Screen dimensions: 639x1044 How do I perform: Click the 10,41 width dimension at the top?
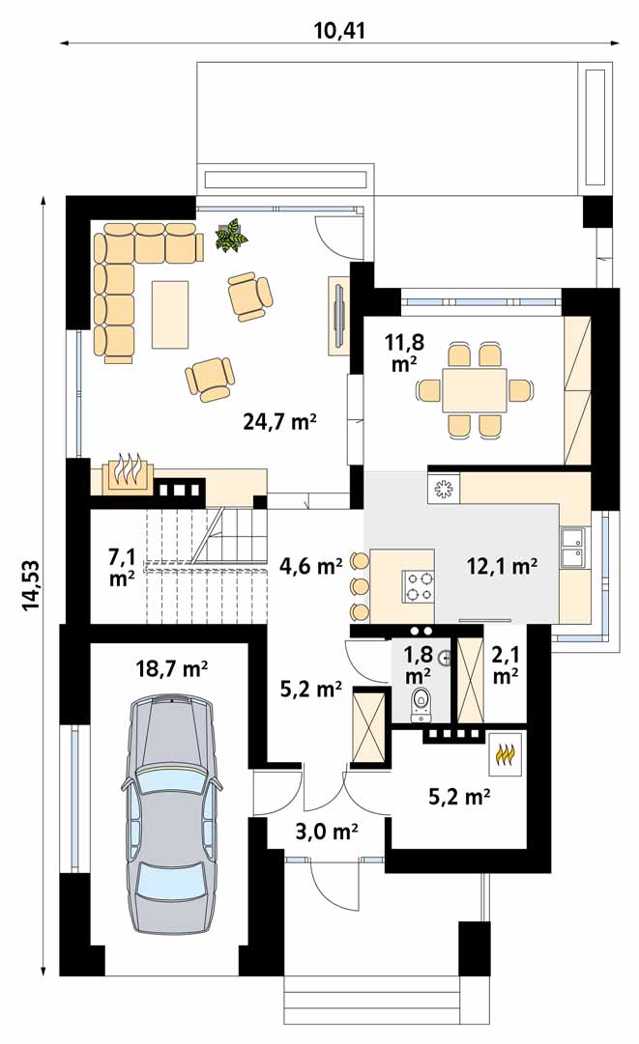pos(339,30)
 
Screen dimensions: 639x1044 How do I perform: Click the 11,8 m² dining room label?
pos(404,353)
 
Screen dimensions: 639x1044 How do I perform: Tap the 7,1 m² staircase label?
pos(122,567)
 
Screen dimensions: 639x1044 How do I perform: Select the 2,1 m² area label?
pos(506,665)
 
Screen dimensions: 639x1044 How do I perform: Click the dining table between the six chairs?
pos(475,389)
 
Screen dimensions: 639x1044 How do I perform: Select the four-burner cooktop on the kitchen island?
pos(418,586)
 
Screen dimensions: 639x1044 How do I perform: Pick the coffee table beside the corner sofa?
pos(170,314)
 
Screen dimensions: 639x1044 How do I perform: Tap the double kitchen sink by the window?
pos(571,547)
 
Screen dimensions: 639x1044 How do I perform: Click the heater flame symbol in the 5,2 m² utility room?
pos(506,754)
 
